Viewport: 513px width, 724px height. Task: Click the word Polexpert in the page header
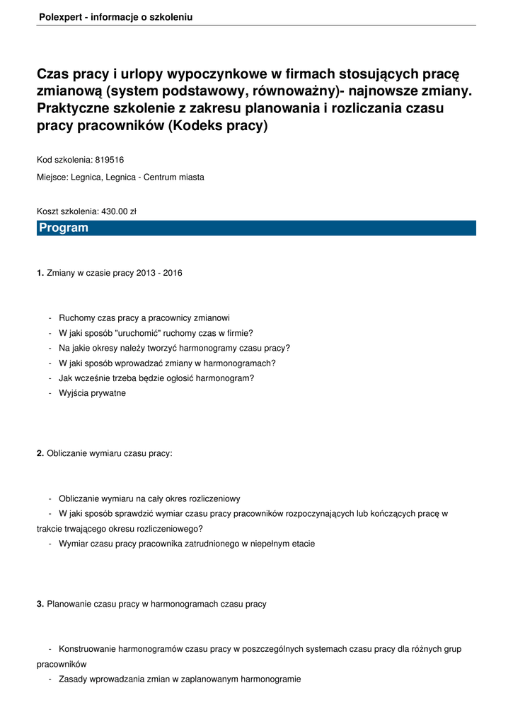coord(59,17)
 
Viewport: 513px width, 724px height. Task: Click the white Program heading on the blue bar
coord(64,228)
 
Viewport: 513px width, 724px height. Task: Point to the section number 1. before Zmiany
coord(40,272)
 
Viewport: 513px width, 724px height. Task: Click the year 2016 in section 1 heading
coord(172,272)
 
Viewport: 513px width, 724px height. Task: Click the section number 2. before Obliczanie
coord(40,453)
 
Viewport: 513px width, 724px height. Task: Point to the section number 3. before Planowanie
coord(40,604)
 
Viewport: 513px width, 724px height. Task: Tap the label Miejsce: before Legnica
coord(52,177)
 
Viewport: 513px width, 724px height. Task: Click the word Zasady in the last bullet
coord(74,679)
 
